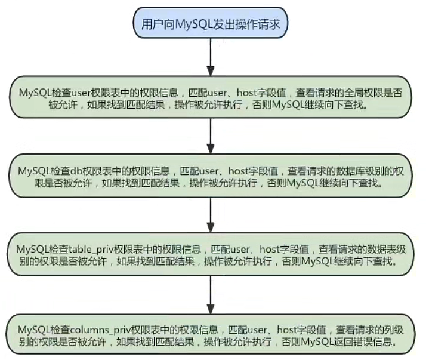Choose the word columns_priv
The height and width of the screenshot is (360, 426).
[x=98, y=328]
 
